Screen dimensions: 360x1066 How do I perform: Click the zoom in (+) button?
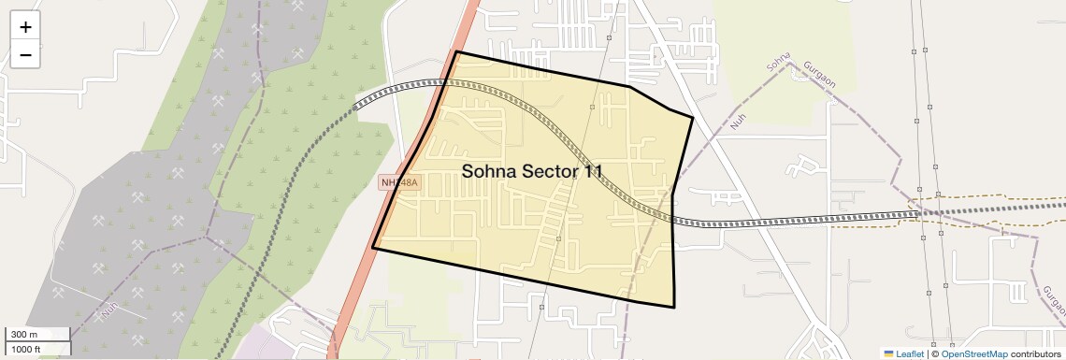[x=25, y=27]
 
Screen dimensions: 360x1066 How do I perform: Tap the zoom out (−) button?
[x=25, y=55]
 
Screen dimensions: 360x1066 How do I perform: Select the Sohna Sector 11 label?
[x=531, y=171]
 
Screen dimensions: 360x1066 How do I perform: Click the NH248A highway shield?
[x=399, y=183]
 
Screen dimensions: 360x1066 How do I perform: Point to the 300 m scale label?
[x=25, y=335]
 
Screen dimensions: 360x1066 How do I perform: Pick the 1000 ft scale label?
[x=28, y=349]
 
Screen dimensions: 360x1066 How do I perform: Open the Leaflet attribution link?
[x=910, y=353]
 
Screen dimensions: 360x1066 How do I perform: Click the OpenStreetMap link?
[x=973, y=353]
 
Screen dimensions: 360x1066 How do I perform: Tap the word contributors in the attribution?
[x=1036, y=353]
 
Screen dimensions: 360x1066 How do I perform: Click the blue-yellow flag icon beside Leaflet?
[x=888, y=353]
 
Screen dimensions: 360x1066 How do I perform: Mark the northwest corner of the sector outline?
[x=456, y=51]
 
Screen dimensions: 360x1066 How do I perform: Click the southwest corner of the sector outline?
[x=373, y=248]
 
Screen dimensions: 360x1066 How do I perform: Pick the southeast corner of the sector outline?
[x=674, y=307]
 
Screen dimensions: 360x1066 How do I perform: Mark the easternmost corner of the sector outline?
[x=693, y=117]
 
